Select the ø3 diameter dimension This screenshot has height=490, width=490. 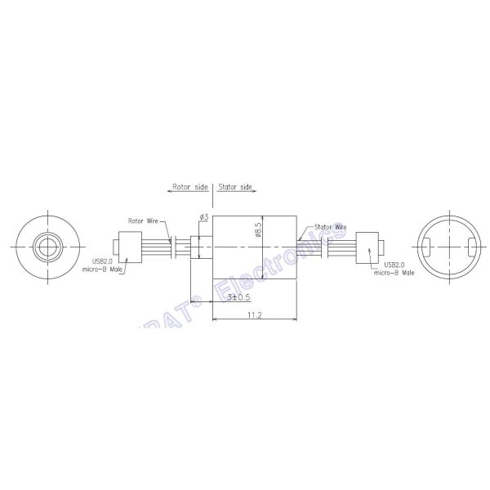(x=204, y=216)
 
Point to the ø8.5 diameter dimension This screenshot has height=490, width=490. (x=258, y=229)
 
